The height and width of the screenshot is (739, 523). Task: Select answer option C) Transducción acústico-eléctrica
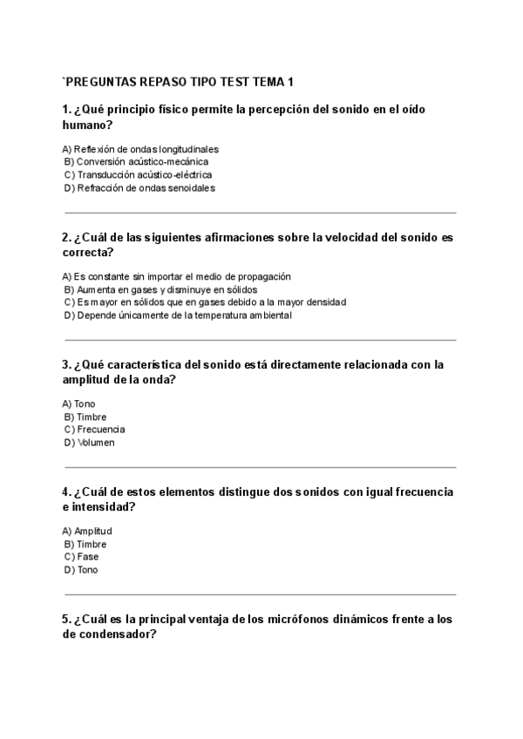138,174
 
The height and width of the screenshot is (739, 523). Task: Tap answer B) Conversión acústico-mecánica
136,161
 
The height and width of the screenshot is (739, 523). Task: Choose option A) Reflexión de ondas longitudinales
140,148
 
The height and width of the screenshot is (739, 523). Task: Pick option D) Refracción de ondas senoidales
139,187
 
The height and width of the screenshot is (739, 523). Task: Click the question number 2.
66,237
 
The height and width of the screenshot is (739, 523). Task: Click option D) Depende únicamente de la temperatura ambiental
178,315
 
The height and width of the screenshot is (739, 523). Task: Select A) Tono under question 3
79,403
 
